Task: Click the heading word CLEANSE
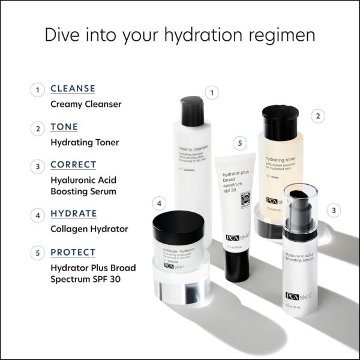tap(73, 89)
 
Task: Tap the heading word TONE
tap(64, 127)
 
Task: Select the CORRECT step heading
tap(73, 164)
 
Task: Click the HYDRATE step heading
tap(73, 214)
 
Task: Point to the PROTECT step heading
tap(73, 252)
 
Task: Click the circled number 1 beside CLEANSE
tap(37, 90)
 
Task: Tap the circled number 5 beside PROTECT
tap(37, 253)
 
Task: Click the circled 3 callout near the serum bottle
tap(334, 210)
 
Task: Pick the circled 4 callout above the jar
tap(159, 203)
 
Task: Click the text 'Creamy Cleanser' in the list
tap(86, 104)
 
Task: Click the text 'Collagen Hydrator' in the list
tap(89, 229)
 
